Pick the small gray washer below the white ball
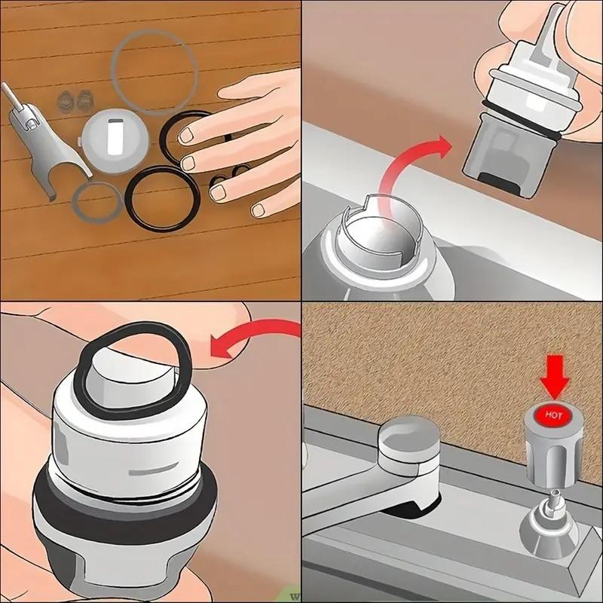97,204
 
